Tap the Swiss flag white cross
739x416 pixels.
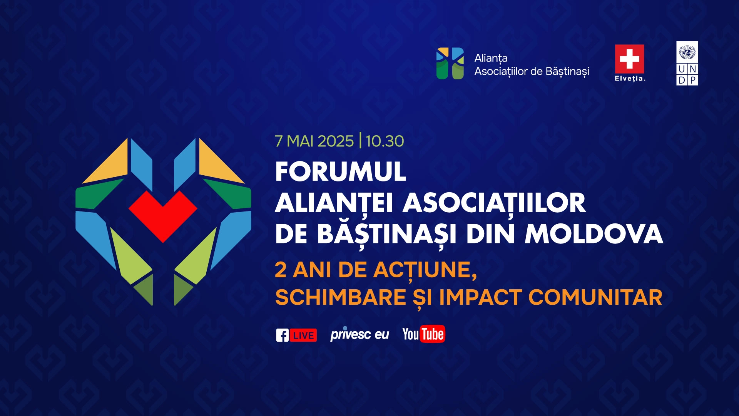(x=629, y=59)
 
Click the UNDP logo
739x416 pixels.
(x=687, y=64)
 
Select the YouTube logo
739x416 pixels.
(x=423, y=334)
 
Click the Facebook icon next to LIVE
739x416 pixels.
(x=282, y=335)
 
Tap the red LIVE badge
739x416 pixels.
(x=303, y=335)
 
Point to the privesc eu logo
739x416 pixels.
(x=359, y=334)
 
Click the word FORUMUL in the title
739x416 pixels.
(x=341, y=172)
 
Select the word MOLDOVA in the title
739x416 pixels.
(x=594, y=234)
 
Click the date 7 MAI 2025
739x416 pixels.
(x=314, y=141)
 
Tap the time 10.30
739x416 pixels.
(x=385, y=141)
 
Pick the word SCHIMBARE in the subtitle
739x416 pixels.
(x=341, y=297)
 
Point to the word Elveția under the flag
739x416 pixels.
(x=630, y=79)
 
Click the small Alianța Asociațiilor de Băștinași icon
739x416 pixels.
(x=450, y=64)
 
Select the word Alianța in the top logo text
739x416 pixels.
(x=491, y=58)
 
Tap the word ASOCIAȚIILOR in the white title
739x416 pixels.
(x=494, y=203)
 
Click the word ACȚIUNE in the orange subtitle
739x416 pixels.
(x=425, y=270)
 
